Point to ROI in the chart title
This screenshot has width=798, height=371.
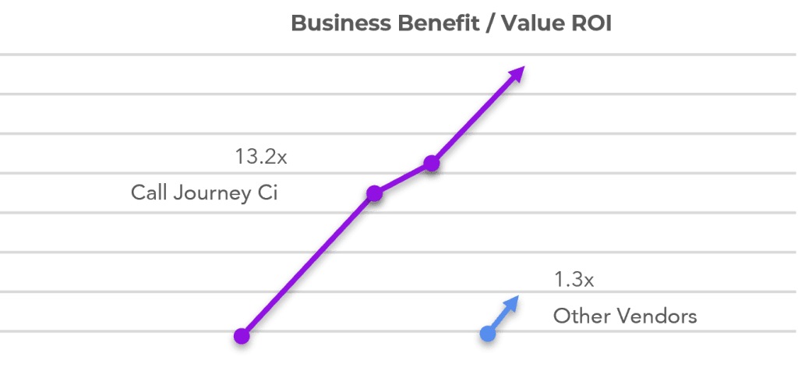coord(591,23)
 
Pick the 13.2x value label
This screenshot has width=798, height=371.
coord(261,157)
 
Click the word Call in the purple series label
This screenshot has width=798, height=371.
coord(147,193)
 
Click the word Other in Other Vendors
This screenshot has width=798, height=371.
coord(577,316)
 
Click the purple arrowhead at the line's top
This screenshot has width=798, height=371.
coord(516,76)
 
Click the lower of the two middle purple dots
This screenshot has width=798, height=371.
coord(374,193)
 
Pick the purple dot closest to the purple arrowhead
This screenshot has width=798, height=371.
coord(431,163)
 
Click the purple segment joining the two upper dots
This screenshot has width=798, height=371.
coord(403,178)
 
